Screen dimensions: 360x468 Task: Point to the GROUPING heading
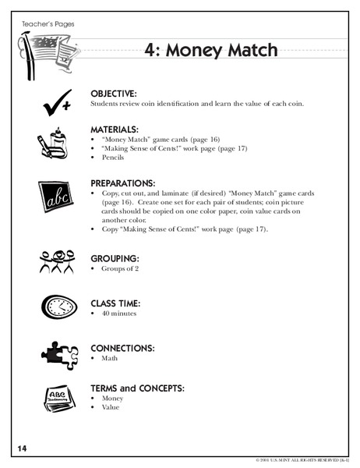[x=115, y=257]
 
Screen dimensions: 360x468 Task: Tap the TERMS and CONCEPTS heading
[x=143, y=386]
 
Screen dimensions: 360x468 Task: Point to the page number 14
[x=20, y=447]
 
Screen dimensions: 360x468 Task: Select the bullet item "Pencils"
[x=113, y=157]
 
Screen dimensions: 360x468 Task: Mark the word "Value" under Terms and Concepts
[x=111, y=407]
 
